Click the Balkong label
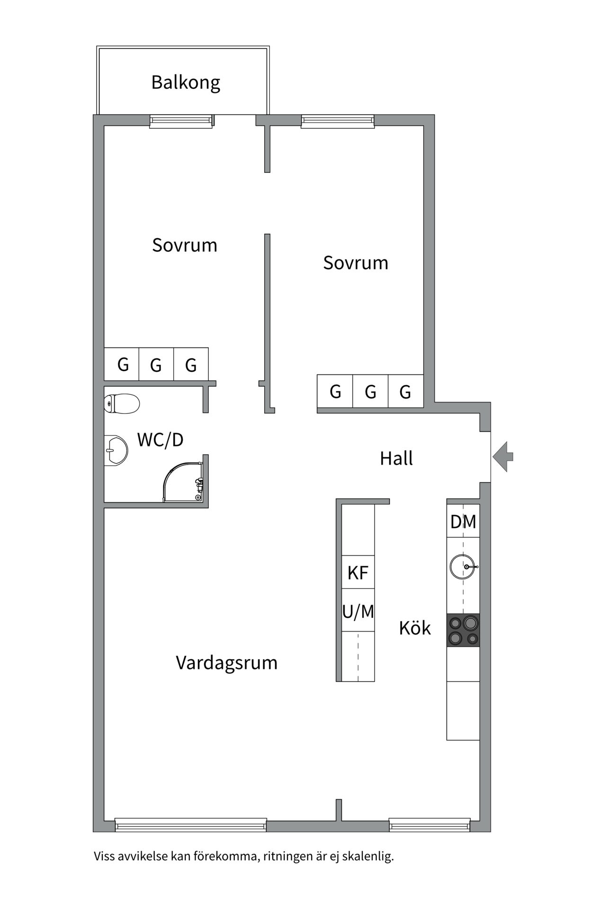click(x=186, y=82)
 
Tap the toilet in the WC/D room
click(x=122, y=404)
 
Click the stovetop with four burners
click(x=463, y=630)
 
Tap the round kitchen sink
click(x=463, y=567)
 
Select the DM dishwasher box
click(x=463, y=522)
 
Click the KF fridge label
click(x=358, y=573)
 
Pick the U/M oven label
click(x=358, y=611)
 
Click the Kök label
click(x=415, y=628)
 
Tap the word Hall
click(x=396, y=458)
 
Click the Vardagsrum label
click(x=226, y=662)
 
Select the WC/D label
click(x=160, y=440)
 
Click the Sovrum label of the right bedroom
click(x=356, y=263)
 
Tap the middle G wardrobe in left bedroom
click(x=156, y=365)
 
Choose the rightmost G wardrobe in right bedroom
click(x=405, y=392)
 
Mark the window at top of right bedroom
click(x=338, y=121)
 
